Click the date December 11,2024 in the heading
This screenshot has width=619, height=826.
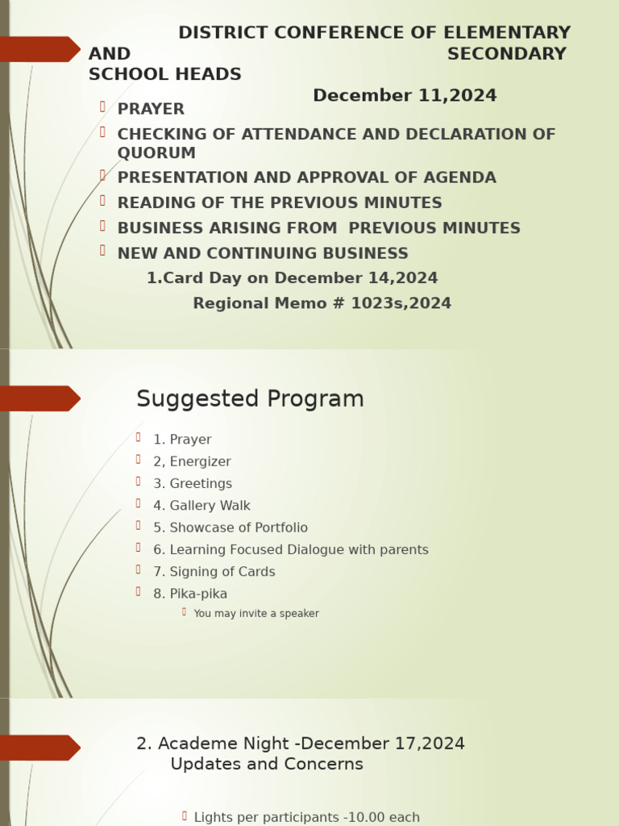tap(405, 96)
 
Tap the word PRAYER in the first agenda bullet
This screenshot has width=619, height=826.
tap(151, 109)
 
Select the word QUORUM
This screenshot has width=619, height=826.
tap(156, 153)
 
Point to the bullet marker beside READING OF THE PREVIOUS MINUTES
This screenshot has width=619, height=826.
tap(103, 200)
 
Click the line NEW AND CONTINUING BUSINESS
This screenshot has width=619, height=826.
tap(263, 253)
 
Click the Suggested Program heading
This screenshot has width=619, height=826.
tap(250, 399)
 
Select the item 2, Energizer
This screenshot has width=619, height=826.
tap(192, 462)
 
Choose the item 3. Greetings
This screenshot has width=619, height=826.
tap(193, 484)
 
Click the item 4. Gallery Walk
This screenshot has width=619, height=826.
tap(201, 506)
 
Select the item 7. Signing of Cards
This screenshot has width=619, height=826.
tap(214, 572)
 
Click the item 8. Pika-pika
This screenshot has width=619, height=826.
tap(190, 594)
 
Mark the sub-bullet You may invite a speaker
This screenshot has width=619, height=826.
tap(256, 614)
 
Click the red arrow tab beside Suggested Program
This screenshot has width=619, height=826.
tap(40, 398)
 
